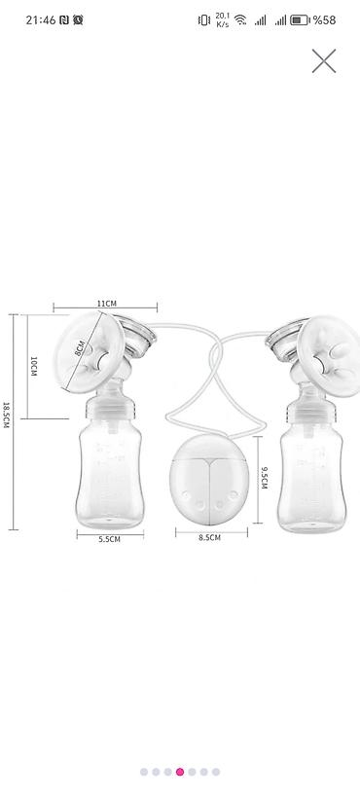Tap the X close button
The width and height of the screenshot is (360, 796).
tap(323, 61)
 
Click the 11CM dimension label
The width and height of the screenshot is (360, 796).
tap(107, 303)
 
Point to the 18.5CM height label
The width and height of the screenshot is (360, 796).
tap(6, 415)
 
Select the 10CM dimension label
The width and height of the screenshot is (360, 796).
tap(34, 366)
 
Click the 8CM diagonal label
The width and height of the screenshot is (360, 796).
tap(80, 349)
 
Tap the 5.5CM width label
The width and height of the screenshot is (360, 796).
tap(110, 540)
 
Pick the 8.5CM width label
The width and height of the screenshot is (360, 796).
tap(210, 537)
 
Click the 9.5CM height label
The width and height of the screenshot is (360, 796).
tap(264, 478)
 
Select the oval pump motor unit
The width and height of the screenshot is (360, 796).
tap(209, 472)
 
